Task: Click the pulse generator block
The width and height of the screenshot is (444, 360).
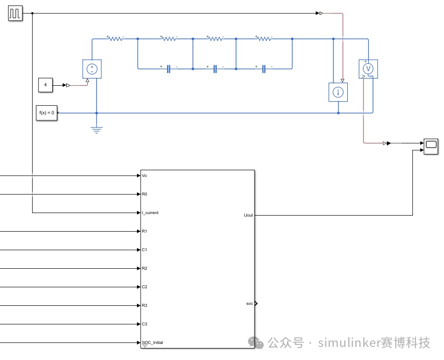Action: (x=15, y=14)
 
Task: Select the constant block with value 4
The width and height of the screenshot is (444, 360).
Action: (x=45, y=85)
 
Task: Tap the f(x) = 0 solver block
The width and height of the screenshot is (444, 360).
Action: (x=47, y=113)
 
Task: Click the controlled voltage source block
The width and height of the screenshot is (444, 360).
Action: (x=92, y=69)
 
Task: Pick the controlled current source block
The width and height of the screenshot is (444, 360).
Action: (x=338, y=92)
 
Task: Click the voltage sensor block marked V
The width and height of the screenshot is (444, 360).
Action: (x=368, y=69)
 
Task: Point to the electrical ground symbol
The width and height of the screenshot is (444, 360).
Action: (x=96, y=130)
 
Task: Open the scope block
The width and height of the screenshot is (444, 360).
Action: (x=431, y=146)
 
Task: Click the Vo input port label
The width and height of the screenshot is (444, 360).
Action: (x=144, y=176)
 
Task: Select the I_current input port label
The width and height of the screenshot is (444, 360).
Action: (x=150, y=213)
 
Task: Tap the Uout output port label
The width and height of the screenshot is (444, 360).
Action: (x=248, y=216)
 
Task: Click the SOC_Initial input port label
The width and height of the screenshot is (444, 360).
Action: (x=153, y=342)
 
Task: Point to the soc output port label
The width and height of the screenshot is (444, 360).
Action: (x=249, y=304)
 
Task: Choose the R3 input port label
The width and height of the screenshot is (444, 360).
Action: (x=144, y=305)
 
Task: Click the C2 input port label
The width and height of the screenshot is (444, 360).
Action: (x=144, y=287)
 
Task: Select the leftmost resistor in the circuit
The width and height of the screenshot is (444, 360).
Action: (x=115, y=38)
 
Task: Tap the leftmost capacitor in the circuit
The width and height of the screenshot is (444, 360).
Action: (x=169, y=69)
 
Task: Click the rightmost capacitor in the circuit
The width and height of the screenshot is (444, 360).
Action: (x=263, y=69)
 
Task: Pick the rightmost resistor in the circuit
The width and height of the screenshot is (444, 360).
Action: (x=264, y=38)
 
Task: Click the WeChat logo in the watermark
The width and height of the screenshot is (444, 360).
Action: (x=256, y=343)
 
